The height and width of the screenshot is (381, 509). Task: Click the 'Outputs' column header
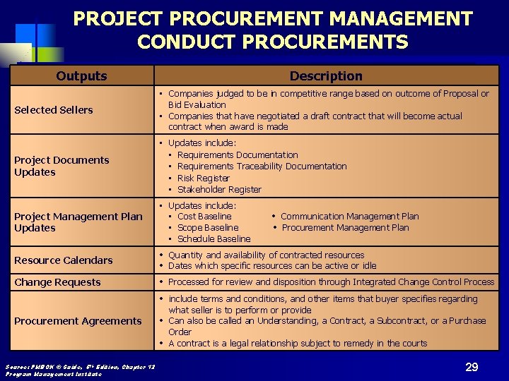82,75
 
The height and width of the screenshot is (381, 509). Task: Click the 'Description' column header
326,75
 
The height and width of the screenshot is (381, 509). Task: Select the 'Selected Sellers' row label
54,109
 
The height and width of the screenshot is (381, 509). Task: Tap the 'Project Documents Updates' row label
62,166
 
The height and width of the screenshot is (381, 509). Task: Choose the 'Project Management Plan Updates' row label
78,222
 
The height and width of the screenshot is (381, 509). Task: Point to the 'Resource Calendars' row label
64,260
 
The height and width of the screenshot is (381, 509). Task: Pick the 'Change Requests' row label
57,282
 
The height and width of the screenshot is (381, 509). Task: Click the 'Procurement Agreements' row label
78,321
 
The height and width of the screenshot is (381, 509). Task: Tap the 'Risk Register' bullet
203,178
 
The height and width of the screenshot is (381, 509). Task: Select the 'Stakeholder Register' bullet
219,189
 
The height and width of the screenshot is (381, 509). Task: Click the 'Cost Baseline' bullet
204,216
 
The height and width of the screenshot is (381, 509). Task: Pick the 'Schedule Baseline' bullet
213,238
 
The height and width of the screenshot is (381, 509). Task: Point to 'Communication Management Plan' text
349,216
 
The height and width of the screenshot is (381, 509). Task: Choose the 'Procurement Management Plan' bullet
345,227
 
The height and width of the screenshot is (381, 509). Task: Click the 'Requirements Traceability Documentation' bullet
262,166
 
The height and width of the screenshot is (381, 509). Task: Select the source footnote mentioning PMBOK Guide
80,369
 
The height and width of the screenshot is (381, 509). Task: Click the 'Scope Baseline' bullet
208,227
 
